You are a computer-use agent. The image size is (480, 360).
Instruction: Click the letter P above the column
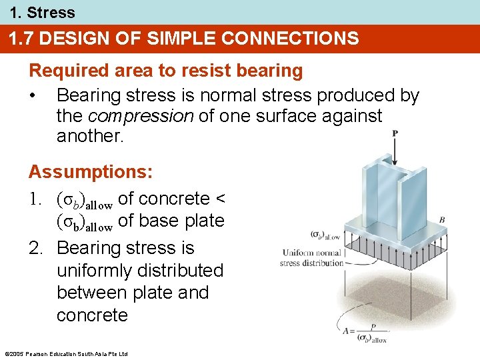pyautogui.click(x=395, y=133)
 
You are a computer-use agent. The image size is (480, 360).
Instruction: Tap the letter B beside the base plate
pyautogui.click(x=442, y=219)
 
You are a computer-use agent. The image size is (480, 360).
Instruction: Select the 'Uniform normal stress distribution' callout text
pyautogui.click(x=311, y=257)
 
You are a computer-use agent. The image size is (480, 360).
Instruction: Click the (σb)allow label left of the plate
pyautogui.click(x=325, y=235)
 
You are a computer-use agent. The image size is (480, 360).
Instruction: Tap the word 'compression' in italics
pyautogui.click(x=140, y=116)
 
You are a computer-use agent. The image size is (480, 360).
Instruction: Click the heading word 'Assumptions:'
pyautogui.click(x=91, y=172)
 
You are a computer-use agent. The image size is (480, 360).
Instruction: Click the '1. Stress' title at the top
pyautogui.click(x=38, y=12)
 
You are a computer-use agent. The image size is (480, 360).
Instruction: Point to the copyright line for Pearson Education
pyautogui.click(x=65, y=353)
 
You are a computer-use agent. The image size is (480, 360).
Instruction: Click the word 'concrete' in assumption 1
pyautogui.click(x=174, y=199)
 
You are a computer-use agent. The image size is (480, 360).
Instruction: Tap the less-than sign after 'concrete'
pyautogui.click(x=221, y=199)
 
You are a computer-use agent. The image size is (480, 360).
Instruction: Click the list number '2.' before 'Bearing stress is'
pyautogui.click(x=36, y=248)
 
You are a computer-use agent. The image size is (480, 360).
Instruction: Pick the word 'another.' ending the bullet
pyautogui.click(x=89, y=136)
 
